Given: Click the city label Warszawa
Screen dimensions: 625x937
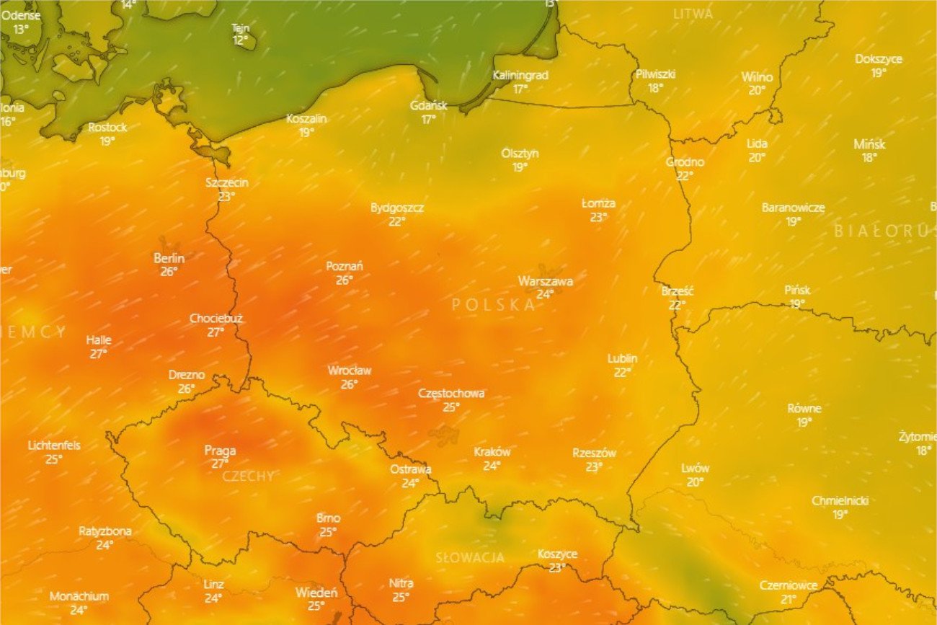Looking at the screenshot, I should click(545, 281).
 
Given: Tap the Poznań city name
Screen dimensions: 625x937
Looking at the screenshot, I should click(345, 266).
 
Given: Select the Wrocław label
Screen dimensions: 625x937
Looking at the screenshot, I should click(350, 371).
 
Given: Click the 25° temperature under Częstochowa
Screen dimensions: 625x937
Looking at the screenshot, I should click(451, 407).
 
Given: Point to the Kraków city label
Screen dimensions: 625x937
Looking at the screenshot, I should click(492, 452).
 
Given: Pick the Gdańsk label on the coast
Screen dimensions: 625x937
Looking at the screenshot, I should click(429, 105).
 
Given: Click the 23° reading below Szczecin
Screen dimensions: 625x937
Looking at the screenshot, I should click(227, 196).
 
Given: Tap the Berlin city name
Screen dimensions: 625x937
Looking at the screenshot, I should click(169, 258).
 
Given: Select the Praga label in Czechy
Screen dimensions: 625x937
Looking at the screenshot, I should click(220, 451).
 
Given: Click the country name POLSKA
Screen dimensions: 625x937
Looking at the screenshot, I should click(494, 305).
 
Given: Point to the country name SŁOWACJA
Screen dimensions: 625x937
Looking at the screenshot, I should click(470, 558).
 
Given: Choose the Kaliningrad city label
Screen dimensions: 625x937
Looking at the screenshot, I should click(520, 75).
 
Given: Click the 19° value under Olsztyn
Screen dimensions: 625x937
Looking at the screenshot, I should click(520, 167).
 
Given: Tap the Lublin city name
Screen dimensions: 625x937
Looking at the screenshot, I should click(622, 358).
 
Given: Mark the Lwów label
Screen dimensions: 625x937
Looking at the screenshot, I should click(695, 468).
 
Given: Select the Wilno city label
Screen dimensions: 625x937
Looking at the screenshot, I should click(757, 77).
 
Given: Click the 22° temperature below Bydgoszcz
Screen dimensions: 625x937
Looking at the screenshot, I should click(397, 221).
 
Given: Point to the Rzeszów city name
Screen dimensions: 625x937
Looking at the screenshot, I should click(594, 453).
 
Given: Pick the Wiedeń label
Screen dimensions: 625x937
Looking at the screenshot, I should click(316, 593).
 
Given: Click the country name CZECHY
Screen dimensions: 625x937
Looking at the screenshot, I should click(248, 476).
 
